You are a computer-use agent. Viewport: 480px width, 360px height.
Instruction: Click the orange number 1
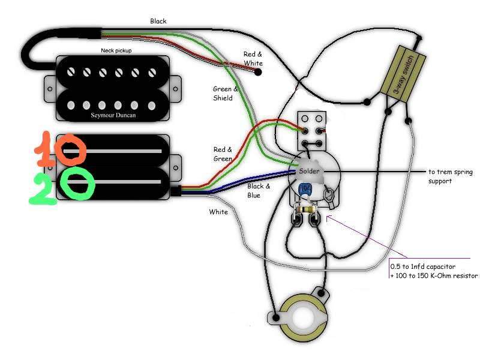point(43,150)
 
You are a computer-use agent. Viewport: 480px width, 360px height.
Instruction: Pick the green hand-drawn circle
point(79,185)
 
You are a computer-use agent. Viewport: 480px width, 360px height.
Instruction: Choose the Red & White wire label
point(253,58)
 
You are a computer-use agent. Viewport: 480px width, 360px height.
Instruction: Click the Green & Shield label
point(226,94)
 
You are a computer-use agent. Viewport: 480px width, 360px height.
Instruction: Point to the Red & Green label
point(224,154)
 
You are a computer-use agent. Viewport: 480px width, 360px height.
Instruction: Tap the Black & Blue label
point(259,191)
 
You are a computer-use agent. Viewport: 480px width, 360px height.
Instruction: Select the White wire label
point(218,212)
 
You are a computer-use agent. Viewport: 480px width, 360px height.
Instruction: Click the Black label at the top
point(158,22)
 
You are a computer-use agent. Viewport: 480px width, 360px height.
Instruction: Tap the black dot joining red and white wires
point(259,73)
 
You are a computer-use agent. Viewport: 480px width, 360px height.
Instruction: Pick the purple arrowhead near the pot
point(326,218)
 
